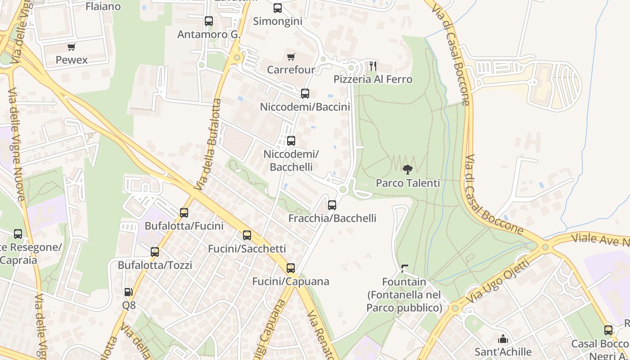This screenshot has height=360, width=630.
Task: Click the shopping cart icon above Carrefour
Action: click(291, 57)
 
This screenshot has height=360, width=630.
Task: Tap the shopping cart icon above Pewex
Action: click(71, 47)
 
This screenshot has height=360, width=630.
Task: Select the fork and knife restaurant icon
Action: click(373, 66)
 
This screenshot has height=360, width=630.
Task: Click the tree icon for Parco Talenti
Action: click(408, 170)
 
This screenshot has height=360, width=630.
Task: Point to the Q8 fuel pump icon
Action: click(128, 292)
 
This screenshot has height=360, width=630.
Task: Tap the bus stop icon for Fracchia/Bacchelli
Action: click(332, 205)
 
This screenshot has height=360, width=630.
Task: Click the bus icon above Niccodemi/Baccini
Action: click(305, 94)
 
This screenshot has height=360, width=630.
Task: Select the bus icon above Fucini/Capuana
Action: click(291, 268)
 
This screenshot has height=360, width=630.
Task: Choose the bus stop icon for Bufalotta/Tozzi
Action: click(155, 252)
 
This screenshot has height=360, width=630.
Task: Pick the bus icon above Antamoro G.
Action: click(208, 21)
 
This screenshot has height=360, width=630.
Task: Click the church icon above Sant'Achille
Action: click(503, 338)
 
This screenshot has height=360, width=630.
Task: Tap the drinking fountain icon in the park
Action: click(404, 269)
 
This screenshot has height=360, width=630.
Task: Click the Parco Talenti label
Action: click(408, 183)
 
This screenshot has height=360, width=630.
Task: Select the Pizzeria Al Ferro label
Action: click(373, 80)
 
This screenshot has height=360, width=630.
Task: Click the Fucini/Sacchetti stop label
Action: click(247, 249)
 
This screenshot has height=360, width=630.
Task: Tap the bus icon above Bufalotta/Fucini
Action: click(184, 212)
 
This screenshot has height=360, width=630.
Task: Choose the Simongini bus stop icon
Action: click(278, 8)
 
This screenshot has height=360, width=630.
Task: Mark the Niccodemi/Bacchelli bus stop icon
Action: click(291, 141)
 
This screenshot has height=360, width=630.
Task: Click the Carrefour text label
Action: click(291, 70)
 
